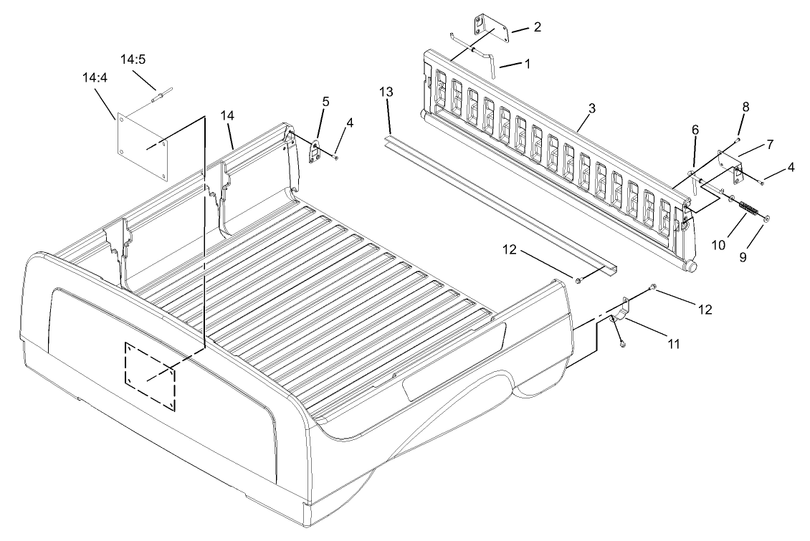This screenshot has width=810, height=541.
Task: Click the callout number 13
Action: coord(386,92)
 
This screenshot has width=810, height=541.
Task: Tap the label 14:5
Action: coord(133,59)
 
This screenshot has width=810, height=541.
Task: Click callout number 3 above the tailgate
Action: coord(592,108)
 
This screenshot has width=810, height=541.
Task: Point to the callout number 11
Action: coord(673,343)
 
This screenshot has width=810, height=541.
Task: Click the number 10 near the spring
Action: coord(718,245)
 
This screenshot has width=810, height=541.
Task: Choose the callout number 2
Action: coord(537,27)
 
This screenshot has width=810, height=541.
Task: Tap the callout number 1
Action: coord(527,64)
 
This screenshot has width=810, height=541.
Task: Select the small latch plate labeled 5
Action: coord(315,152)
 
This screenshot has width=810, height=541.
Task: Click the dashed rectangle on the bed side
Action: coord(150,377)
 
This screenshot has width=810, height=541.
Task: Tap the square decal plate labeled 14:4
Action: coord(143,147)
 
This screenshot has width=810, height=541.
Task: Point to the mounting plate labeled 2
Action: coord(491,31)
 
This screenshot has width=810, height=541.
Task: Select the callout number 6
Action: coord(695,130)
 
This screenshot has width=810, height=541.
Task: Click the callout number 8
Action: coord(745,107)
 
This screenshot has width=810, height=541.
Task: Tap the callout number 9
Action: coord(743,257)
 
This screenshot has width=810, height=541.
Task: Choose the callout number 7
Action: coord(771,145)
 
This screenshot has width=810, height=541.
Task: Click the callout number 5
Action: coord(325,101)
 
